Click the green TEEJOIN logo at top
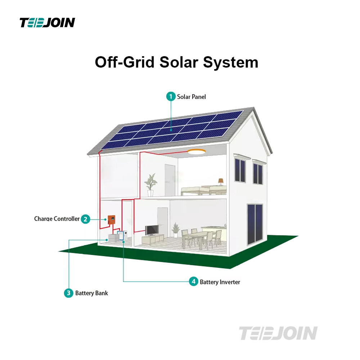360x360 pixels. (47, 23)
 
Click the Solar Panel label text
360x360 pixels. (192, 97)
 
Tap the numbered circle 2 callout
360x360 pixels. (85, 219)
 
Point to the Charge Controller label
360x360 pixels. (57, 219)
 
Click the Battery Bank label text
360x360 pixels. (91, 293)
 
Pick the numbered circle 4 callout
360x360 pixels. (194, 282)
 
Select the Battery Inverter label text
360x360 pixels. (220, 282)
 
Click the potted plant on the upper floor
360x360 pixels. (150, 184)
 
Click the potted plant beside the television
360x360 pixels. (176, 229)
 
